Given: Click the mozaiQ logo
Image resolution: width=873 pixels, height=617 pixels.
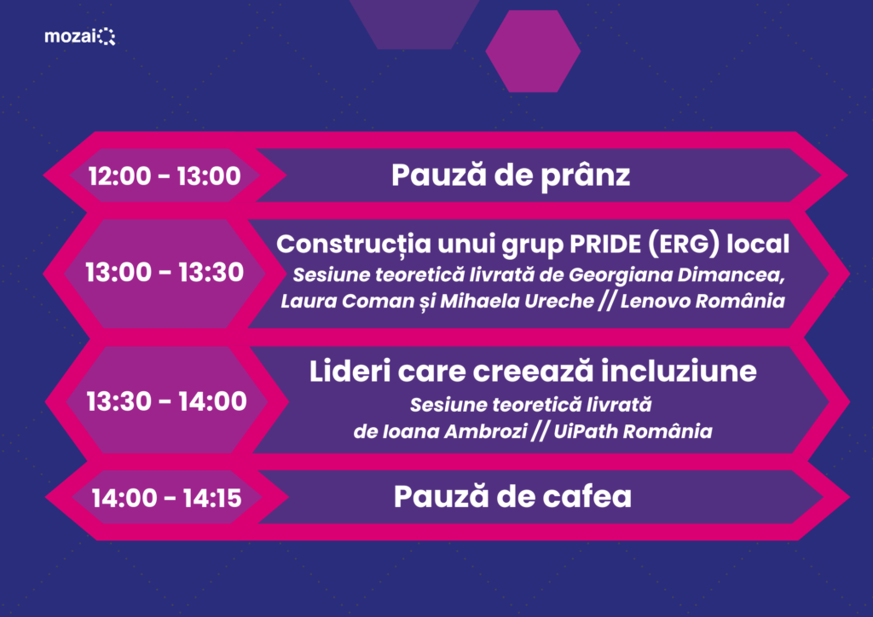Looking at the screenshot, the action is point(79,37).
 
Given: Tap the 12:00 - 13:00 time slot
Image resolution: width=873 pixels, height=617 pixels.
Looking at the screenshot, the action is point(165,176).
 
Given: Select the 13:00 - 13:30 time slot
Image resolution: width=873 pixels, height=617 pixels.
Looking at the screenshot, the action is point(165,272).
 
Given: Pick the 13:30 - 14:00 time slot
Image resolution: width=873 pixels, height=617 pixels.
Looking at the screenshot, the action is point(166,401).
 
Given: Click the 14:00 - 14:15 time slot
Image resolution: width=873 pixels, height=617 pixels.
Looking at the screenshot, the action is point(166,498).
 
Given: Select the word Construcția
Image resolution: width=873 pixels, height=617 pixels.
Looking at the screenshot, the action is point(354,245).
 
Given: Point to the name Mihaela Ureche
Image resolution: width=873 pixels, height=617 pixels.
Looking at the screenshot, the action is point(517,301).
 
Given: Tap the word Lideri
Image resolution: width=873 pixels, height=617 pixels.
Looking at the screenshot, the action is point(350,371).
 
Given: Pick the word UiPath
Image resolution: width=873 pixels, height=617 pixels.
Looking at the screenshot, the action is point(584,431).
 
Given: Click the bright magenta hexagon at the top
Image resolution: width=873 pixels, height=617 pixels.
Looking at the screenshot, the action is point(533,51).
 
